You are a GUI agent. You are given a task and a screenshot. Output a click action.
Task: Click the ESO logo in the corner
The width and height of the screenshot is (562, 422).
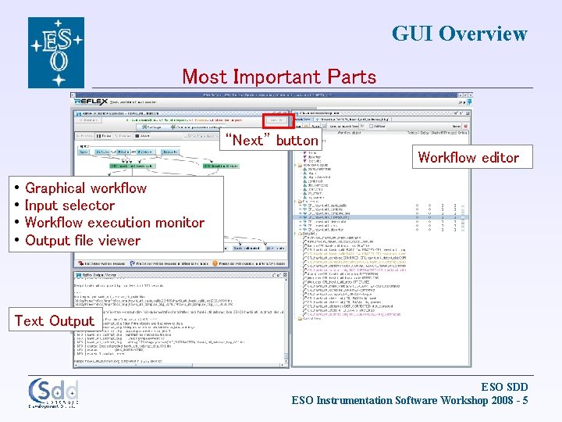point(56,52)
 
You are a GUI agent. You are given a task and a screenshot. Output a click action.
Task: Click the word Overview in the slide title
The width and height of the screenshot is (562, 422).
point(483,34)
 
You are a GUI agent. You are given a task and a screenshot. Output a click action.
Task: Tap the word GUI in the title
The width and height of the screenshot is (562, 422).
point(412,34)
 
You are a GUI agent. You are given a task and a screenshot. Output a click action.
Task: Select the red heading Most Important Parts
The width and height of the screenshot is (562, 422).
point(279,77)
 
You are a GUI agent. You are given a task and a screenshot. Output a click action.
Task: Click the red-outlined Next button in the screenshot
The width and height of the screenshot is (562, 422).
point(276,120)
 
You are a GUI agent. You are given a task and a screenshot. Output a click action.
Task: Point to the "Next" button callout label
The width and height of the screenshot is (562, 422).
point(271,141)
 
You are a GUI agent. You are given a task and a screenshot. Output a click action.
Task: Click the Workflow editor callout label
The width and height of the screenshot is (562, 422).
point(468,157)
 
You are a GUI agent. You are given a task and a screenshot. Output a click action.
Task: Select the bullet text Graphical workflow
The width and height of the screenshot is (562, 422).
point(86,188)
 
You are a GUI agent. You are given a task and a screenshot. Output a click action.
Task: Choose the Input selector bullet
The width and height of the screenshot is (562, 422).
point(69,206)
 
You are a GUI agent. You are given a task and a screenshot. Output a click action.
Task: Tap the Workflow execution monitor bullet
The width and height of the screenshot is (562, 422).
point(115,223)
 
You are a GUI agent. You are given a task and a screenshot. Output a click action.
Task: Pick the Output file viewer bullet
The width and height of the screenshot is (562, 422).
point(83,241)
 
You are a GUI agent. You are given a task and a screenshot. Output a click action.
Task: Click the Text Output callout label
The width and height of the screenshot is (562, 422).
point(54,320)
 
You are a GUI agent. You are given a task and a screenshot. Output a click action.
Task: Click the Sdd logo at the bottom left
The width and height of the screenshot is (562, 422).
point(53,393)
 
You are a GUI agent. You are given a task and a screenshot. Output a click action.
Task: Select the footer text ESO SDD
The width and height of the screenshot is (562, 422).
point(504,387)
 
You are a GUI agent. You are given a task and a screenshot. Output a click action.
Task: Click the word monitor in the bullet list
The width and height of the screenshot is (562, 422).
point(179,223)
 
